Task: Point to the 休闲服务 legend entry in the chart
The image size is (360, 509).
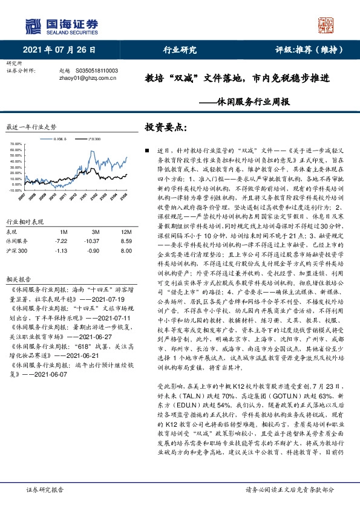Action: pos(61,139)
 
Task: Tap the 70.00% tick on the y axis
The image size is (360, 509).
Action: pos(16,144)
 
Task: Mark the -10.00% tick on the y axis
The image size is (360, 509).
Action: pos(16,190)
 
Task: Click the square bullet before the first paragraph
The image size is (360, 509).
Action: pos(146,149)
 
